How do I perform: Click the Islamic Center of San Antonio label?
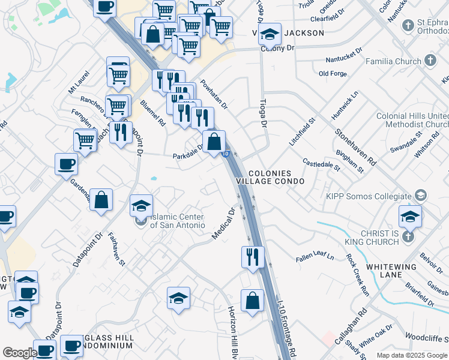176,221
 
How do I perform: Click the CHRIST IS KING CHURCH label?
371,237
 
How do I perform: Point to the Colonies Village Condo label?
275,177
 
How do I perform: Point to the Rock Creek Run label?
357,275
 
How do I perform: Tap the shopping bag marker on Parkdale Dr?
214,142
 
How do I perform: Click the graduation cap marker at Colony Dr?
270,35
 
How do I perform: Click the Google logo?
20,353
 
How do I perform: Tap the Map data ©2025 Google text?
411,355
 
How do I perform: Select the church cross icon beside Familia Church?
430,61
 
